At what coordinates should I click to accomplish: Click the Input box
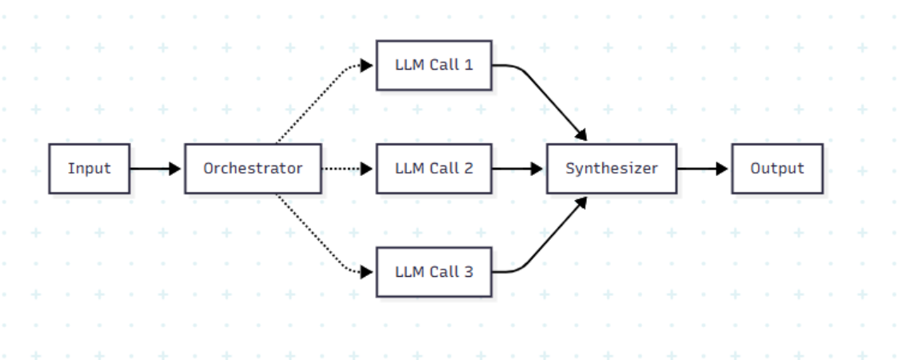[89, 169]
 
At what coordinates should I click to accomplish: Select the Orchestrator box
[253, 169]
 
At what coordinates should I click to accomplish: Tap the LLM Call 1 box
[433, 65]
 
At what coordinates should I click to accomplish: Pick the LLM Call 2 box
[433, 169]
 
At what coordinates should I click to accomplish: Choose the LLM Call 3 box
[433, 272]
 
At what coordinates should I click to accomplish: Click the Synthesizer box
[611, 169]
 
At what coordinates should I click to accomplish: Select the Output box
[776, 169]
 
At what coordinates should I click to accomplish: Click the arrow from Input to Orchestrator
[154, 169]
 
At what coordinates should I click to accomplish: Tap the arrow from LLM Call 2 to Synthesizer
[517, 169]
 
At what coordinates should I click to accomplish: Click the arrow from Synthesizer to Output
[702, 169]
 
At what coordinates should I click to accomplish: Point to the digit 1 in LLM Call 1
[469, 65]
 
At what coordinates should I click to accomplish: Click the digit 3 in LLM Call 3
[469, 272]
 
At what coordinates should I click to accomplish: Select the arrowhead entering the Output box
[723, 169]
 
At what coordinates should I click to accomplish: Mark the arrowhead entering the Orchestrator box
[176, 169]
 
